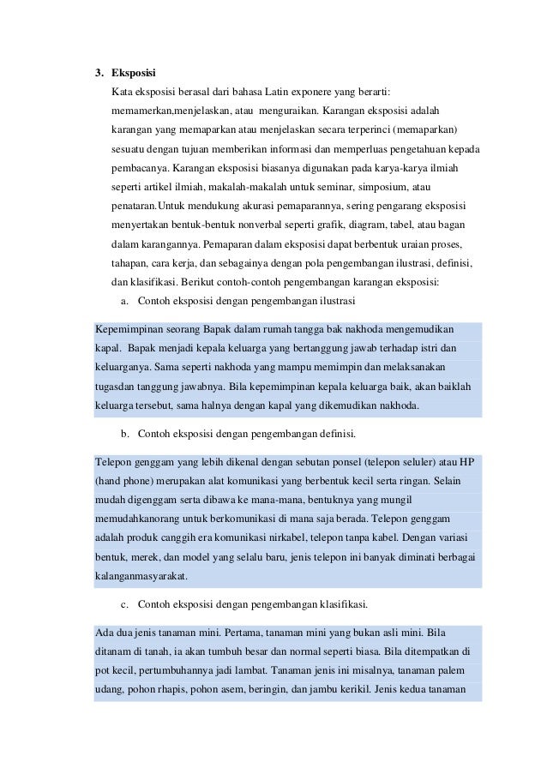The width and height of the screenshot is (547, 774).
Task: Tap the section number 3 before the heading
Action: [98, 73]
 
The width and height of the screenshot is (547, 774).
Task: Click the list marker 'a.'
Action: [125, 301]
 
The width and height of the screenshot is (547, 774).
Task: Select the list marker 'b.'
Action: [125, 434]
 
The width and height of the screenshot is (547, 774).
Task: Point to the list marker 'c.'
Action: [125, 604]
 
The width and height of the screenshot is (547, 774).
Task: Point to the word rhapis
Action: [173, 690]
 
